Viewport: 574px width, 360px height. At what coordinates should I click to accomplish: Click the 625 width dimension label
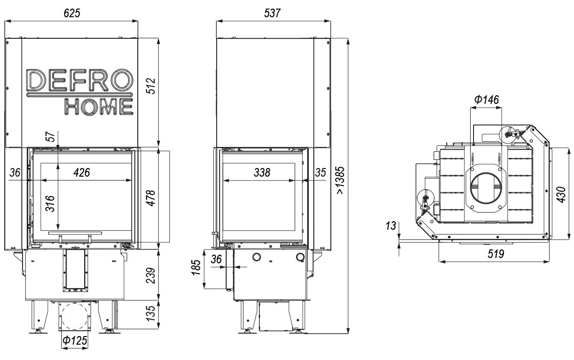(72, 13)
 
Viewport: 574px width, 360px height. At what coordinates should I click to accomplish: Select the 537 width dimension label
(273, 13)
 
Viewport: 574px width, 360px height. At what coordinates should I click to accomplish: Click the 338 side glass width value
(262, 172)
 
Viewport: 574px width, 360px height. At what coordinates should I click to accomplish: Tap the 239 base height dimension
(151, 275)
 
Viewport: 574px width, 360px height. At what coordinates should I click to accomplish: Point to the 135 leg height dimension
(151, 314)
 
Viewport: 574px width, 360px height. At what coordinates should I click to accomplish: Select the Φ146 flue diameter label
(486, 100)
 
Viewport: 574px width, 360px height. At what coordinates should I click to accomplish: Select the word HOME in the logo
(99, 107)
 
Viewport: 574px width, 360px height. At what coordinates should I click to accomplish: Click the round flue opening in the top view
(487, 187)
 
